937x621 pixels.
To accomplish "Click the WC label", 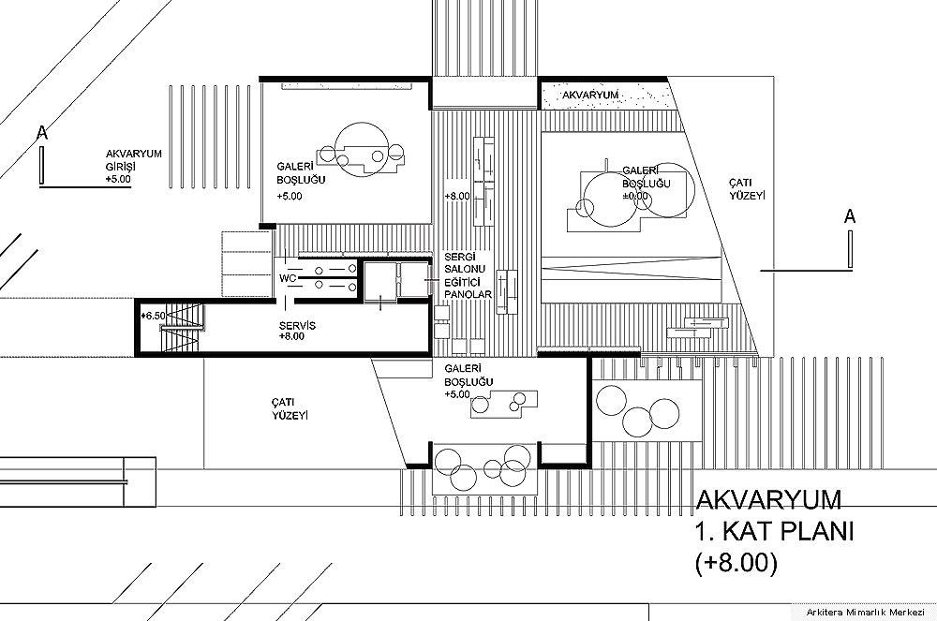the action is [289, 278].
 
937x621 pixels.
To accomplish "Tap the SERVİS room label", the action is [297, 326].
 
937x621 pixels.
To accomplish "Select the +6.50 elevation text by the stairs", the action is [153, 316].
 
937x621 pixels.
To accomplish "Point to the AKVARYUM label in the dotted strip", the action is [589, 95].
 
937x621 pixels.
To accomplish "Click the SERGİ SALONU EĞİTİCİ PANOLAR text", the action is [468, 275].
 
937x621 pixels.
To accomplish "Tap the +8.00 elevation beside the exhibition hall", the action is [457, 196].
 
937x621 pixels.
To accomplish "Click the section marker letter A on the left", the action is [42, 133].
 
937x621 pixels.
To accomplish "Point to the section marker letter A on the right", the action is [849, 216].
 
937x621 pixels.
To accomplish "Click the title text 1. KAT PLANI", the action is [774, 531].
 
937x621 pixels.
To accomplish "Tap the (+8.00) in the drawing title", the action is [736, 564].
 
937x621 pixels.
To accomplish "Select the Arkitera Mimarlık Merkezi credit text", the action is [865, 612].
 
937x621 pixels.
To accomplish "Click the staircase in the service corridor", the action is [182, 328].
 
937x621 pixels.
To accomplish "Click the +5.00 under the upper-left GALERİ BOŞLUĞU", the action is [290, 196].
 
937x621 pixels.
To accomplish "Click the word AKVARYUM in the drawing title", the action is [768, 500].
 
